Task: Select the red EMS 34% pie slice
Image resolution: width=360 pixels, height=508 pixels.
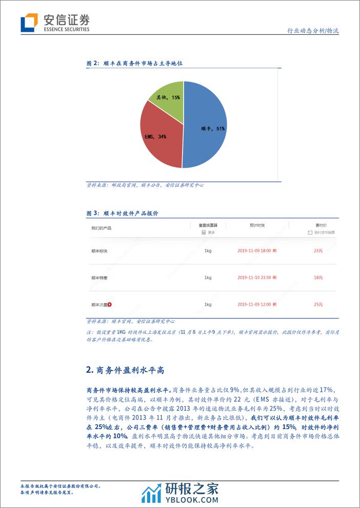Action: tap(159, 136)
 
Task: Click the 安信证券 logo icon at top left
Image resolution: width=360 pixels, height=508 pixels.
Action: tap(29, 23)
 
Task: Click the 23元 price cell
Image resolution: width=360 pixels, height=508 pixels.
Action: tap(318, 251)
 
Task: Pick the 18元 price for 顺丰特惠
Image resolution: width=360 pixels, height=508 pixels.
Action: tap(318, 277)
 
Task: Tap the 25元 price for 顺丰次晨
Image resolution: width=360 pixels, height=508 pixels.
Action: tap(318, 304)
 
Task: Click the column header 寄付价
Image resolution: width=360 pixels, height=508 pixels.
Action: tap(322, 225)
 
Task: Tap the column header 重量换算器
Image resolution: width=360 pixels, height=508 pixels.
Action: tap(208, 225)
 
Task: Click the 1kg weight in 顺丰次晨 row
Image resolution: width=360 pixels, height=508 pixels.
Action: tap(208, 304)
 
